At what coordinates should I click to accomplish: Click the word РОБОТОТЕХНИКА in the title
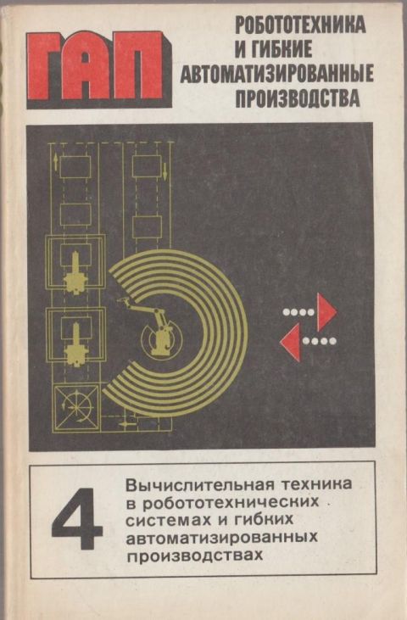[x=300, y=26]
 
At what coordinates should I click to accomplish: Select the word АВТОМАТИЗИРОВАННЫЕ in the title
[x=276, y=73]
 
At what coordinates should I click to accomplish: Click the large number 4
[x=77, y=519]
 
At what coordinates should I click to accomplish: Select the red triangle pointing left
[x=290, y=342]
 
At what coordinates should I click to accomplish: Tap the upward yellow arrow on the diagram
[x=55, y=162]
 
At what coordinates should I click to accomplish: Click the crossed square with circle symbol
[x=76, y=406]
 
